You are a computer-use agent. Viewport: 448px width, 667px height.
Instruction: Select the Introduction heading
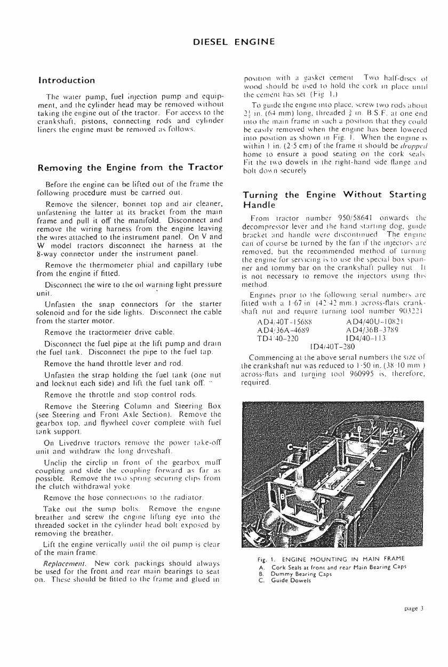tap(67, 81)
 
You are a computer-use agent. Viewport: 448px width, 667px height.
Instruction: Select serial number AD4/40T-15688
tap(281, 327)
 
